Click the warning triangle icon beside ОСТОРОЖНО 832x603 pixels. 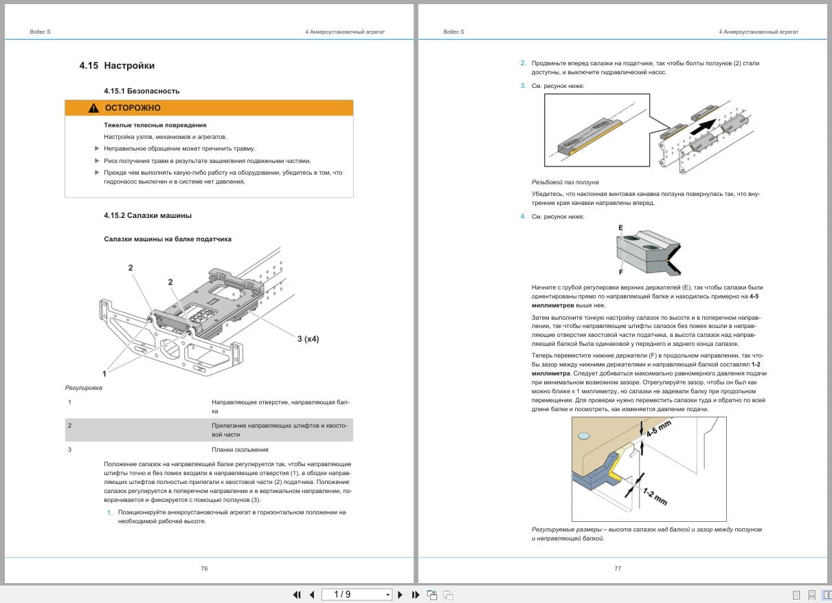click(x=93, y=108)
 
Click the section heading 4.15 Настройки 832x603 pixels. click(x=117, y=66)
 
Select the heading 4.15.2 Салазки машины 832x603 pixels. click(x=148, y=215)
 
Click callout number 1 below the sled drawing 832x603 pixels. click(x=104, y=373)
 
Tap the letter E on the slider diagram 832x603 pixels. click(x=620, y=228)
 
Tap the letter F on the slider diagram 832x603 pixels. click(x=620, y=272)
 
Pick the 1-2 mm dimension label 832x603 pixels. click(x=655, y=496)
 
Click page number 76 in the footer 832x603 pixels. click(x=204, y=569)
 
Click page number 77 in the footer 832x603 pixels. click(x=618, y=569)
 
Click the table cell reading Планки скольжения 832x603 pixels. click(x=240, y=450)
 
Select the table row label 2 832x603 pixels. click(x=69, y=426)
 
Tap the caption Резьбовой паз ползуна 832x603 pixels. click(x=565, y=182)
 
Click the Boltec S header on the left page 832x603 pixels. click(x=41, y=32)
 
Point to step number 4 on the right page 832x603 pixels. click(x=523, y=217)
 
